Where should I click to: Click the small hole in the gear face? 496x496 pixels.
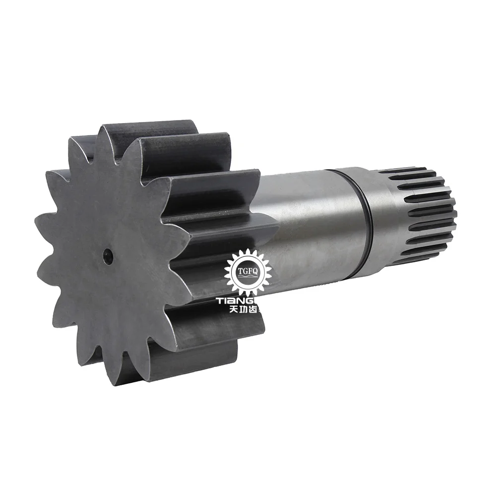pos(108,255)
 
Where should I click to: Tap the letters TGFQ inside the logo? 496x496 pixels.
pos(248,268)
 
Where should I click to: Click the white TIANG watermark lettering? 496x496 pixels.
pos(240,301)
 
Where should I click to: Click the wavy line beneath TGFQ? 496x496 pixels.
pos(248,276)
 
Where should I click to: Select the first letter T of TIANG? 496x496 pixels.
pos(220,301)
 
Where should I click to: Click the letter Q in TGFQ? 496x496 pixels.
pos(256,268)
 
